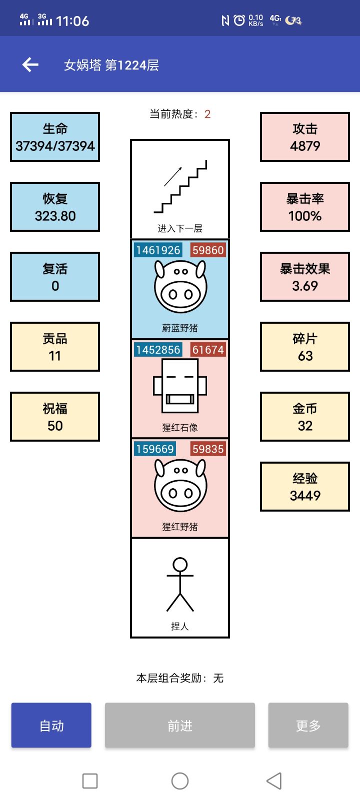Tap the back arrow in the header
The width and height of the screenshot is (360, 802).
pyautogui.click(x=30, y=64)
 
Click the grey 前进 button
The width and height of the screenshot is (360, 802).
pyautogui.click(x=180, y=726)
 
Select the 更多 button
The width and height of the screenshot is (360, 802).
pyautogui.click(x=308, y=726)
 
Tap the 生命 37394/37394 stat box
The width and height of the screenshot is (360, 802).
pyautogui.click(x=55, y=137)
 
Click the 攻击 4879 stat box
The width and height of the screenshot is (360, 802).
pyautogui.click(x=305, y=137)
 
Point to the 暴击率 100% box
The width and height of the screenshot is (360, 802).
pyautogui.click(x=305, y=207)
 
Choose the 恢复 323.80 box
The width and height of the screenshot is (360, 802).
pyautogui.click(x=55, y=207)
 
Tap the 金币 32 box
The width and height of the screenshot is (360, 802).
pyautogui.click(x=305, y=417)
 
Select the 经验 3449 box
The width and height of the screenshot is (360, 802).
pyautogui.click(x=305, y=487)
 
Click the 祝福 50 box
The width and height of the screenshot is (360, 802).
pyautogui.click(x=55, y=417)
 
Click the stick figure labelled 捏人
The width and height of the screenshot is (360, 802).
pyautogui.click(x=180, y=585)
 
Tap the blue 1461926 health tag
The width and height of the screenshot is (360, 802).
pyautogui.click(x=158, y=250)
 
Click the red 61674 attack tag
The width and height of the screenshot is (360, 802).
pyautogui.click(x=208, y=349)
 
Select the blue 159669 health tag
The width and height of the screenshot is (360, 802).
pyautogui.click(x=155, y=449)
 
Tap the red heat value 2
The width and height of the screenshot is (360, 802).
pyautogui.click(x=207, y=114)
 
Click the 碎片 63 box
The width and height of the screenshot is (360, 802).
pyautogui.click(x=305, y=347)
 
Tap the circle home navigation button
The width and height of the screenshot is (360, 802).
pyautogui.click(x=180, y=781)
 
